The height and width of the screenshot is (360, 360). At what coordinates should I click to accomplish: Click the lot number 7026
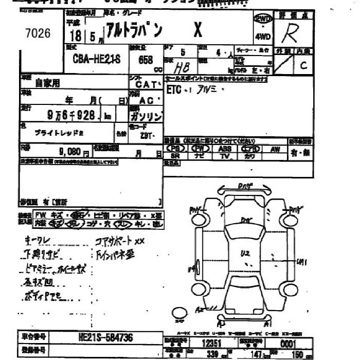click(x=38, y=33)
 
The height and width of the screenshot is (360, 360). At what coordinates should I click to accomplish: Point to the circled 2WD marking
click(x=263, y=19)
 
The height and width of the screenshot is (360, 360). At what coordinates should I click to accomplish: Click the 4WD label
click(x=262, y=37)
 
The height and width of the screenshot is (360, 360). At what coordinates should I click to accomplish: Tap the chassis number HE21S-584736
click(x=106, y=337)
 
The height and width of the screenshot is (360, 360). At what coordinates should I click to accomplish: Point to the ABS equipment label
click(x=224, y=149)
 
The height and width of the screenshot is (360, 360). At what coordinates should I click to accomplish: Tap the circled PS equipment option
click(x=174, y=149)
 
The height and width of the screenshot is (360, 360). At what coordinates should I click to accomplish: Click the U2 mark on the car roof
click(x=244, y=253)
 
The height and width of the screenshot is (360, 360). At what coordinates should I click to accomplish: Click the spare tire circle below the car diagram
click(x=179, y=313)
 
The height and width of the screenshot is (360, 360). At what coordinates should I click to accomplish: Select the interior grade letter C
click(x=303, y=65)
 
